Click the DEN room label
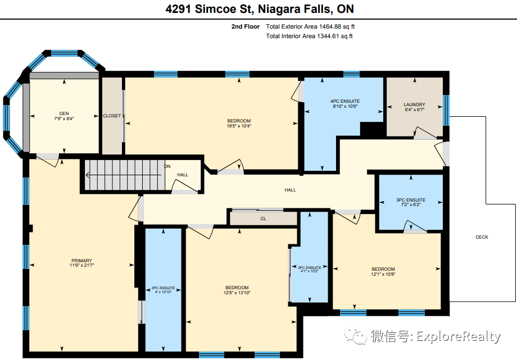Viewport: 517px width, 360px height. [64, 113]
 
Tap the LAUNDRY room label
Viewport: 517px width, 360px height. [415, 104]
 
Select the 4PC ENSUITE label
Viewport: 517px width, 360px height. [345, 101]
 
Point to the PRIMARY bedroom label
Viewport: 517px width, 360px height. [82, 261]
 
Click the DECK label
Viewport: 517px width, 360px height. [482, 237]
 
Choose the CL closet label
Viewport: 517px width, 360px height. [263, 218]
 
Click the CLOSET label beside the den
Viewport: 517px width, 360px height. [112, 116]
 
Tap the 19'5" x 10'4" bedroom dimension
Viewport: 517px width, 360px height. [239, 126]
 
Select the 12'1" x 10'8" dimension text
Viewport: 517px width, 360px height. [383, 274]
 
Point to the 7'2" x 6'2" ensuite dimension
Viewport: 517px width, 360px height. [411, 205]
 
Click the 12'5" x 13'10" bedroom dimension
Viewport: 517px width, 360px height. [237, 293]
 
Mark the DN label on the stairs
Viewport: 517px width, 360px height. [167, 166]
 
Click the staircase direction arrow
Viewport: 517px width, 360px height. [124, 175]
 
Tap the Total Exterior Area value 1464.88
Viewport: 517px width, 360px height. [330, 26]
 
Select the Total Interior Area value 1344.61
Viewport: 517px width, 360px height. [328, 36]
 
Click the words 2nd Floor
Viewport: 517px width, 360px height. [246, 26]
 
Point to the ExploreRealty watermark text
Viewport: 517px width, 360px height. [459, 336]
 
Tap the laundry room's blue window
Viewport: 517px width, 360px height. [446, 110]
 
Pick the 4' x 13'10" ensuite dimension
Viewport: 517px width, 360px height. [163, 292]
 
